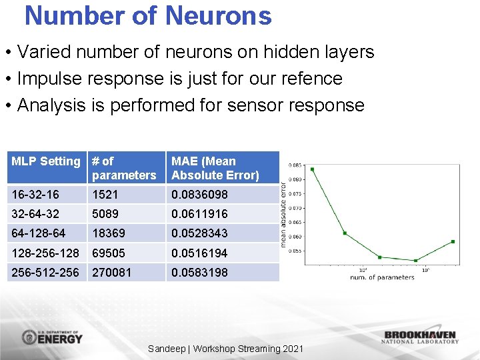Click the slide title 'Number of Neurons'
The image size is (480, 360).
click(148, 15)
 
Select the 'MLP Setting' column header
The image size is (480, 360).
click(45, 161)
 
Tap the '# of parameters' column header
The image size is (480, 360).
click(124, 168)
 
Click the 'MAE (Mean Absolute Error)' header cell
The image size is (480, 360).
click(215, 168)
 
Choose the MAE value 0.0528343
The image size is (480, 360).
click(199, 233)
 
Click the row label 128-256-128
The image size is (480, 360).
click(45, 253)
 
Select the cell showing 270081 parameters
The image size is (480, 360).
click(111, 273)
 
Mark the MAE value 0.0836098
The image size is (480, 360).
click(199, 194)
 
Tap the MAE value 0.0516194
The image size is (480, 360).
click(199, 253)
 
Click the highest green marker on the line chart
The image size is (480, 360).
click(312, 169)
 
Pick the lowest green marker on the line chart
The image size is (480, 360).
click(415, 261)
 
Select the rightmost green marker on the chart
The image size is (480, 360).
click(453, 241)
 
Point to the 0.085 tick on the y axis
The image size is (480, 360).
click(294, 165)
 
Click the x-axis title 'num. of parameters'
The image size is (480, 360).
click(381, 277)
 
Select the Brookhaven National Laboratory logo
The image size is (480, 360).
click(420, 337)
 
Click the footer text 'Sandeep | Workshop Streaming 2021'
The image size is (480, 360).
click(225, 349)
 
